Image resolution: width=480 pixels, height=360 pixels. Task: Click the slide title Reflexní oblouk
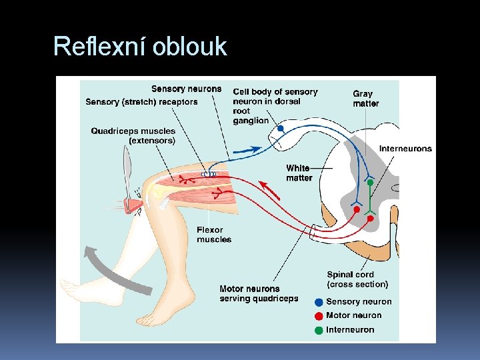pyautogui.click(x=140, y=47)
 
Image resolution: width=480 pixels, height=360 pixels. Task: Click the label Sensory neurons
pyautogui.click(x=186, y=89)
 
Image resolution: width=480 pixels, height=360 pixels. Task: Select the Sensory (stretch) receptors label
pyautogui.click(x=141, y=102)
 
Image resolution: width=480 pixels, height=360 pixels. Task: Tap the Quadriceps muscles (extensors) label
pyautogui.click(x=133, y=136)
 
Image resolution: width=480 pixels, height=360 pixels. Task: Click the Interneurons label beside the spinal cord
pyautogui.click(x=405, y=149)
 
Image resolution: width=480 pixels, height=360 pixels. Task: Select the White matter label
pyautogui.click(x=299, y=173)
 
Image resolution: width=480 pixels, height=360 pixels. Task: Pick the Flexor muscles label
pyautogui.click(x=214, y=235)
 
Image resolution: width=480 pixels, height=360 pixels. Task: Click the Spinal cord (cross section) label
pyautogui.click(x=357, y=279)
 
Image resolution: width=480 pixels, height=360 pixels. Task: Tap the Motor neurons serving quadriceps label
pyautogui.click(x=259, y=294)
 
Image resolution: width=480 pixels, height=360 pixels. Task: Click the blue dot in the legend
pyautogui.click(x=319, y=302)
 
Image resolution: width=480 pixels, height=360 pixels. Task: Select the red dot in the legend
pyautogui.click(x=319, y=316)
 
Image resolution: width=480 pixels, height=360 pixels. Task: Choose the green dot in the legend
pyautogui.click(x=319, y=330)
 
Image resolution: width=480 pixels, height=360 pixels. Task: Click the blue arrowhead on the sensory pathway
pyautogui.click(x=255, y=149)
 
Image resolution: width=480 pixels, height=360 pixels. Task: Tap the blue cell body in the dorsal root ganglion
pyautogui.click(x=281, y=128)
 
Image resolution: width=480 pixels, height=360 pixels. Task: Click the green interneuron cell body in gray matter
pyautogui.click(x=369, y=182)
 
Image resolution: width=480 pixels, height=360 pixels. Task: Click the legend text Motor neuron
pyautogui.click(x=353, y=316)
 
